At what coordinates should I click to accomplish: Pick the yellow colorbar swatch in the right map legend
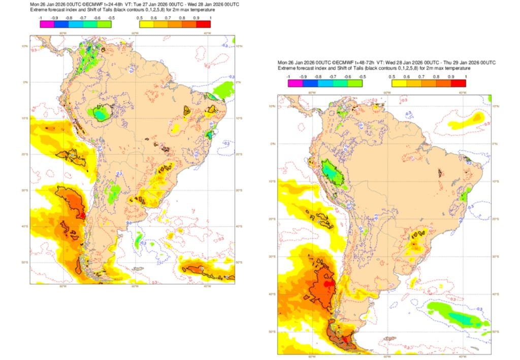pos(399,83)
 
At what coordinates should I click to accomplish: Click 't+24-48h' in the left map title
pos(110,5)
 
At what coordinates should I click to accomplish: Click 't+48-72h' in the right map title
pos(357,62)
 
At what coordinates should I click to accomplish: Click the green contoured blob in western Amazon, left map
pos(100,112)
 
